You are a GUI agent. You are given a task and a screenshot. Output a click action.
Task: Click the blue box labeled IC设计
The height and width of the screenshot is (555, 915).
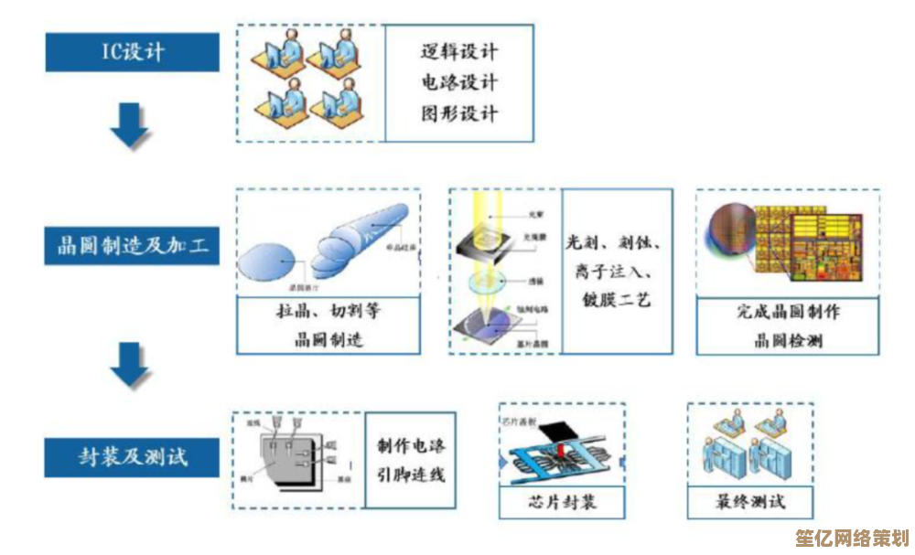tap(133, 51)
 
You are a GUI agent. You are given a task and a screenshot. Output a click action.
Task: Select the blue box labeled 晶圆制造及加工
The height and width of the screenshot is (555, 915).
tap(133, 245)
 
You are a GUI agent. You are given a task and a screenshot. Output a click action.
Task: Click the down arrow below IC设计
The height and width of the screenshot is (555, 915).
tap(130, 126)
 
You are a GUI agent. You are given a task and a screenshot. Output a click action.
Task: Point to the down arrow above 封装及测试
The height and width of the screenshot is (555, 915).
tap(130, 366)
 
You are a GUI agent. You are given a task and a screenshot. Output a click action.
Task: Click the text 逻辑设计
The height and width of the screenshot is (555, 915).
tap(458, 52)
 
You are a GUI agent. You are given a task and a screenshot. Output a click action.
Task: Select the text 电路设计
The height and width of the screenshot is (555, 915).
tap(458, 83)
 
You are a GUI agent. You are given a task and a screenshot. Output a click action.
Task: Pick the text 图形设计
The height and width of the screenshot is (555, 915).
tap(458, 114)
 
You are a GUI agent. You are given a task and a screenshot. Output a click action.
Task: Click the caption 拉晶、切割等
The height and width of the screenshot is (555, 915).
tap(328, 312)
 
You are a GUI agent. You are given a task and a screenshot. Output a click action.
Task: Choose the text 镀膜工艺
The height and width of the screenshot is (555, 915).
tap(615, 299)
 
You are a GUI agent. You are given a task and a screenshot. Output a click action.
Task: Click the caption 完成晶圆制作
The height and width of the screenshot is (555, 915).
tap(788, 312)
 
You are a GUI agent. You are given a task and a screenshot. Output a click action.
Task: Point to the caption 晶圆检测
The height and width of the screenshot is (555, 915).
tap(788, 340)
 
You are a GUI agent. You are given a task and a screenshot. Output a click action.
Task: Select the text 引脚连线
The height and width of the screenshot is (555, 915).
tap(411, 475)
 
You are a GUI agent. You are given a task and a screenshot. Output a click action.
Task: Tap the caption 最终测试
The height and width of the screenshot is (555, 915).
tap(750, 502)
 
